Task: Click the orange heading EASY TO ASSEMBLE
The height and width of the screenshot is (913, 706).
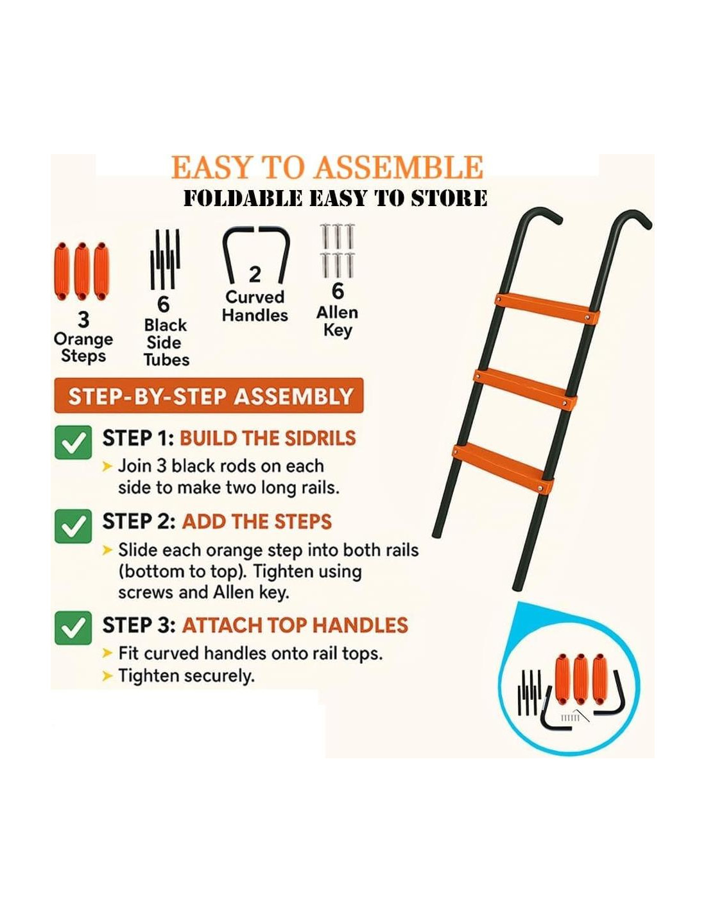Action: (x=327, y=167)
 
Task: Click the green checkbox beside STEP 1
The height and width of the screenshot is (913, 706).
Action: (x=73, y=442)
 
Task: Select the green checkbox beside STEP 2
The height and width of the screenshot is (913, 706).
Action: (x=73, y=526)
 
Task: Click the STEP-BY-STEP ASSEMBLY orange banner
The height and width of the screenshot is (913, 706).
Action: (x=209, y=396)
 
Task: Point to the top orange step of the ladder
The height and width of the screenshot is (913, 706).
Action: (x=547, y=307)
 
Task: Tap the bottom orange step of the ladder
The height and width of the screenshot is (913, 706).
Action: (x=503, y=469)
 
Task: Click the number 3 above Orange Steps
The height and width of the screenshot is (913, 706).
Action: (x=83, y=320)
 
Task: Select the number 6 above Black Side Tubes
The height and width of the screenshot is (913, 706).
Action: (x=164, y=304)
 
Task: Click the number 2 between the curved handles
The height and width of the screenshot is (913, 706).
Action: (x=255, y=275)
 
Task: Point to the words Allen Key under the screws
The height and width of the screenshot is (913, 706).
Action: (x=337, y=322)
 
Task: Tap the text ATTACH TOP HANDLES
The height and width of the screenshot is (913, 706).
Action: (x=295, y=625)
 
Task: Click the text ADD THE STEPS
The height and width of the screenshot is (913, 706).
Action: (x=257, y=522)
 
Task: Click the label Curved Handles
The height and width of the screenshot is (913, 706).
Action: (x=255, y=306)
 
